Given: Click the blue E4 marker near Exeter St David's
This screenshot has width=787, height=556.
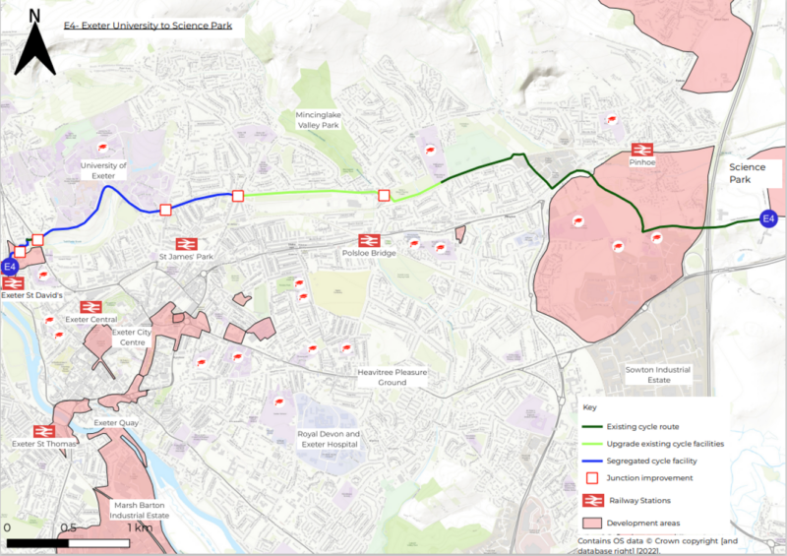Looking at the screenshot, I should [x=10, y=267].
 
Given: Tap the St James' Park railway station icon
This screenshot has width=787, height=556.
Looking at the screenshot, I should [x=186, y=243].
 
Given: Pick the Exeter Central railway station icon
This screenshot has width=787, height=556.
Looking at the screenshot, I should [x=91, y=307].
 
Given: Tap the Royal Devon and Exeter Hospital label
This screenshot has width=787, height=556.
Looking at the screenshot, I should [x=329, y=439].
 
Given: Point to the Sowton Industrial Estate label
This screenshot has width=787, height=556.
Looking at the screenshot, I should [x=658, y=374].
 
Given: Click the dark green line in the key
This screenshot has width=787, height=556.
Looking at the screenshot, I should [x=592, y=426].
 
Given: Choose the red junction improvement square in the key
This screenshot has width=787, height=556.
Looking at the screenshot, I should [x=592, y=478].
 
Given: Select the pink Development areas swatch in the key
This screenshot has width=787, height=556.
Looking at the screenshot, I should [x=592, y=522].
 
